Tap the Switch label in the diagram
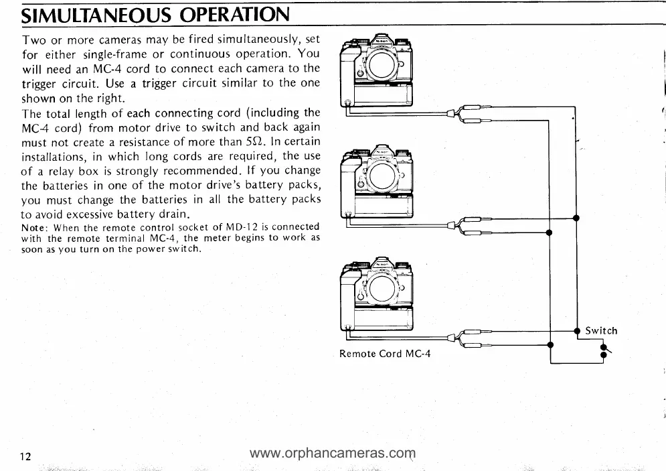click(601, 330)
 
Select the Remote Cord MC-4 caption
click(385, 353)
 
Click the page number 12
click(25, 457)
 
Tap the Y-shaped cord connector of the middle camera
click(462, 226)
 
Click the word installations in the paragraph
click(52, 156)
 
